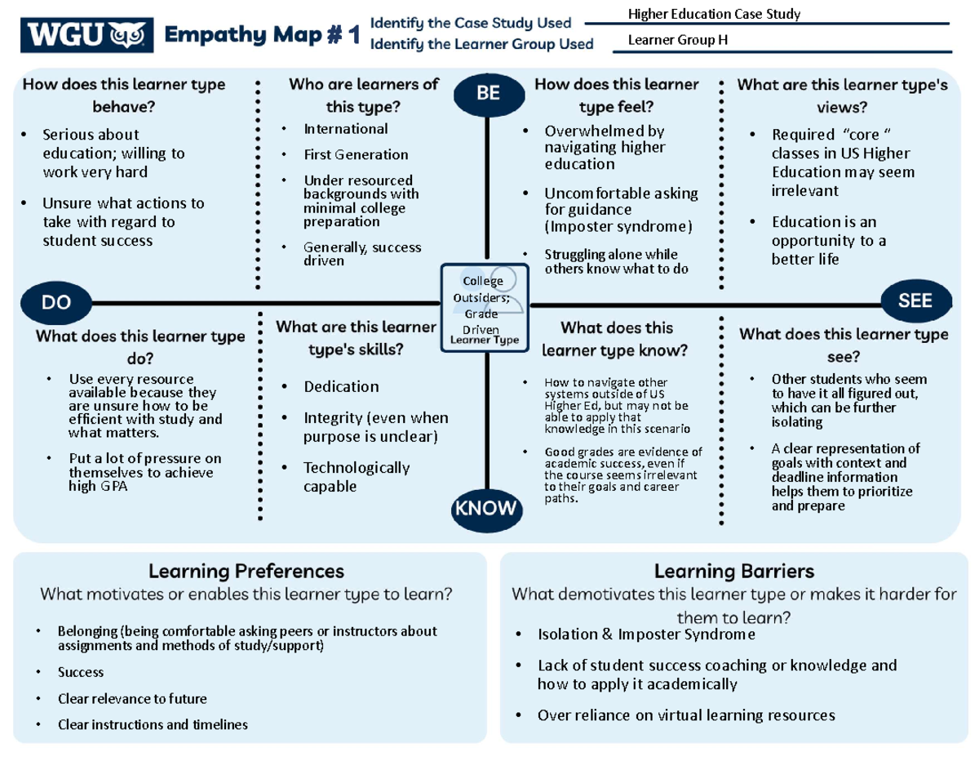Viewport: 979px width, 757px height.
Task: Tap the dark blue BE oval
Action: click(487, 93)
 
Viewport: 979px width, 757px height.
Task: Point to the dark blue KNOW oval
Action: click(485, 509)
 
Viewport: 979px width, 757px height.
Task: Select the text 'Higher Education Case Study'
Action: click(713, 14)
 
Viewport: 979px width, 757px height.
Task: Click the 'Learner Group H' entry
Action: click(678, 41)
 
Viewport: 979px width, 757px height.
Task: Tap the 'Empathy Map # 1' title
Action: click(262, 37)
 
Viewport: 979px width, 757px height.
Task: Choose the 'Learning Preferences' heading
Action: click(246, 570)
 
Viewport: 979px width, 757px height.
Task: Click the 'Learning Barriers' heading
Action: click(733, 570)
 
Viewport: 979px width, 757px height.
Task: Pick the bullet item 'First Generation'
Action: click(356, 154)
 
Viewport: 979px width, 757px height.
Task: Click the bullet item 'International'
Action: click(346, 129)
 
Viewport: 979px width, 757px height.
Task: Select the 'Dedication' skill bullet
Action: click(341, 386)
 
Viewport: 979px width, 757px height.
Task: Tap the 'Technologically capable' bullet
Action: click(356, 477)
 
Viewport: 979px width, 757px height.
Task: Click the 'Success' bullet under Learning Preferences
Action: click(81, 672)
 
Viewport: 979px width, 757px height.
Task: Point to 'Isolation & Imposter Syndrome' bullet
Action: click(646, 635)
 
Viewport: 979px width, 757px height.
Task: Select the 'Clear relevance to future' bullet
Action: click(132, 699)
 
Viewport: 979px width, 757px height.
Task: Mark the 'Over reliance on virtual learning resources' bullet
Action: click(686, 715)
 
